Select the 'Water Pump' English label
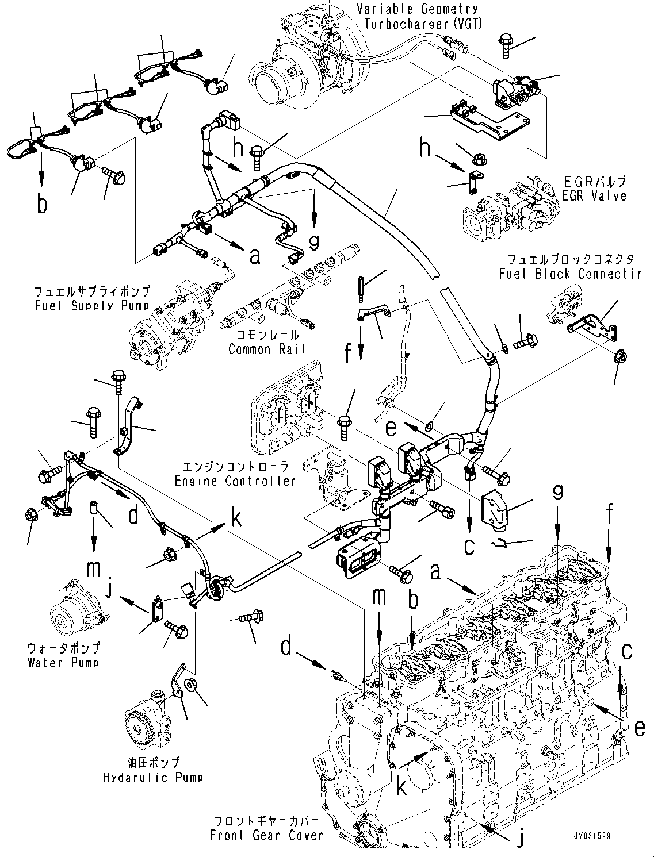tap(63, 662)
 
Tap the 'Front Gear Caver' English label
tap(266, 835)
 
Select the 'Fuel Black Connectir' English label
tap(569, 274)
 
